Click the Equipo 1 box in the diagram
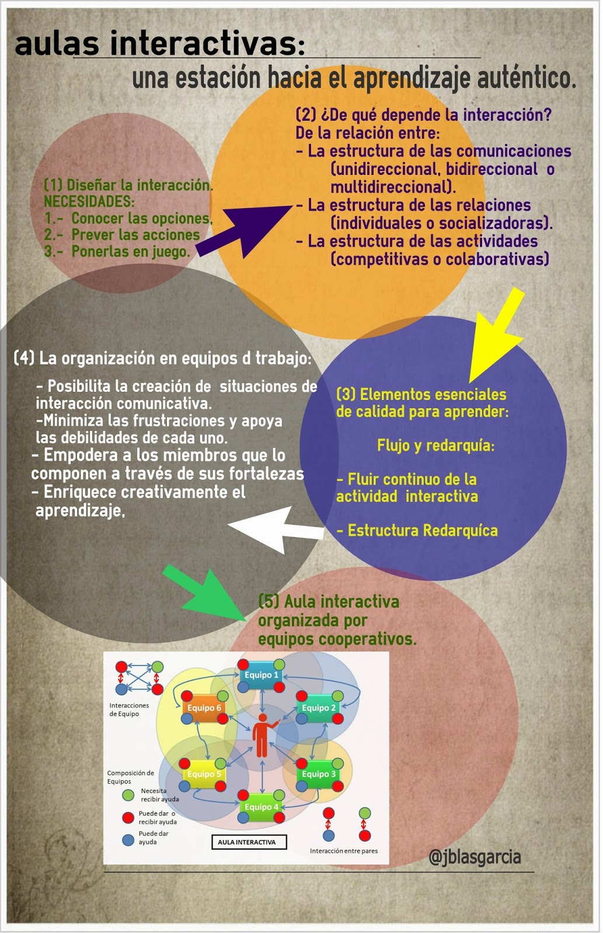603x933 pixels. click(x=262, y=675)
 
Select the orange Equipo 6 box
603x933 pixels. click(x=204, y=708)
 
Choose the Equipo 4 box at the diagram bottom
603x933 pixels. click(x=261, y=807)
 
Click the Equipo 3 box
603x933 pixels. click(x=319, y=774)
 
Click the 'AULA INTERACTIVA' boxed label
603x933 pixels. click(x=247, y=842)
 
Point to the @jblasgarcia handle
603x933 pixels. click(x=475, y=857)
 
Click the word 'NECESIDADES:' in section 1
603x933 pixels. click(x=89, y=202)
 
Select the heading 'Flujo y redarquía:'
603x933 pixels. click(x=435, y=446)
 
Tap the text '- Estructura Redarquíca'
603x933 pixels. click(x=417, y=531)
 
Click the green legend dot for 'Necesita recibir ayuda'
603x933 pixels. click(x=128, y=795)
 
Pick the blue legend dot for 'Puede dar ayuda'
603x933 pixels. click(x=128, y=840)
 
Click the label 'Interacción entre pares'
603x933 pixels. click(x=344, y=851)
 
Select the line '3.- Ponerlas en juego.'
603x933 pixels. click(x=117, y=252)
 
